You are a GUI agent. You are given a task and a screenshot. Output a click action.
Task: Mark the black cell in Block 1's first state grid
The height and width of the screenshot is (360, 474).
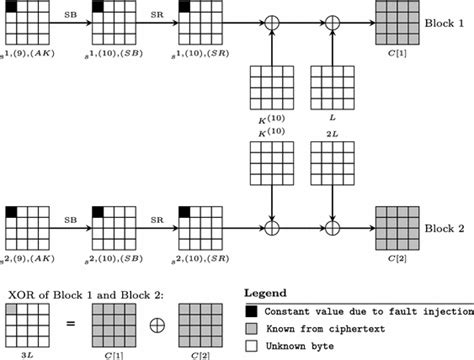[12, 9]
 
